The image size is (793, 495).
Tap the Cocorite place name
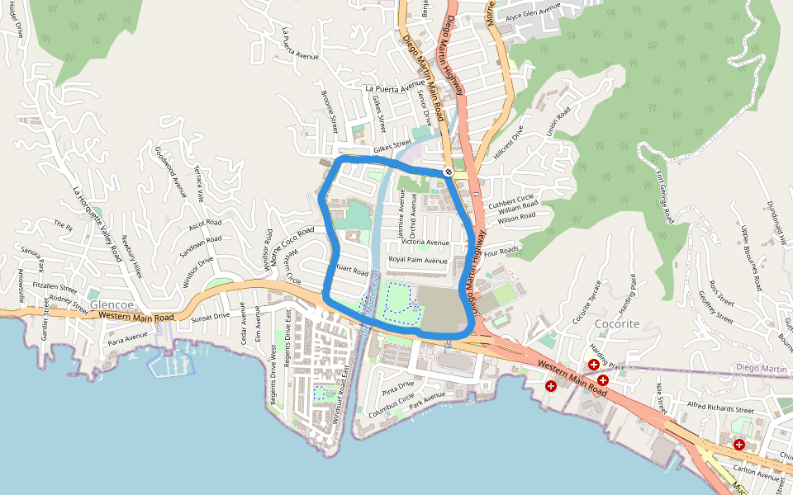pos(618,324)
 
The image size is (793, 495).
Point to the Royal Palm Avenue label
pos(418,261)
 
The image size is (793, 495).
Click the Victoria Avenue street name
pos(425,243)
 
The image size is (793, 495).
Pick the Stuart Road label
pos(351,270)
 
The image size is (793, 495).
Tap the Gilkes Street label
pos(392,147)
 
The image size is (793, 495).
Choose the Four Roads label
pos(501,250)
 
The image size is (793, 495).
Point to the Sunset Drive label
pos(211,317)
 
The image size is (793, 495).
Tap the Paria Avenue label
pos(126,336)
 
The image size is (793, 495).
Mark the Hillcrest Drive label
pos(509,141)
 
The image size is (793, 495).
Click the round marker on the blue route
pos(448,172)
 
